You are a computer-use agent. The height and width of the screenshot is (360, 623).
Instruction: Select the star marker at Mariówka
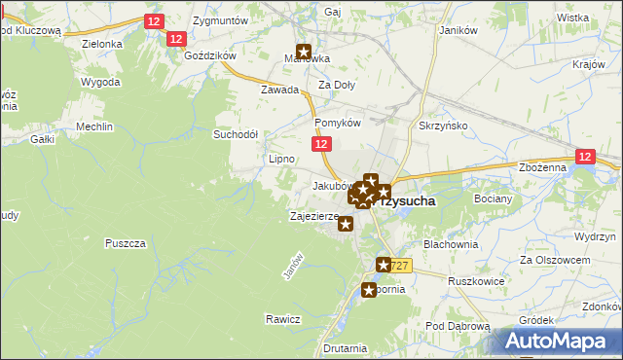(x=304, y=54)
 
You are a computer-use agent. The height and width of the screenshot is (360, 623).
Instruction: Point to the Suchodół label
(x=235, y=134)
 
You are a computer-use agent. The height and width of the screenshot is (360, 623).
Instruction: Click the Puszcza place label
(x=125, y=242)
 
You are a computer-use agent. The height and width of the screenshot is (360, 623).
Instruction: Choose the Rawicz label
(x=281, y=319)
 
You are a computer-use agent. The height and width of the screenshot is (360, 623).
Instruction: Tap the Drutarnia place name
(x=347, y=347)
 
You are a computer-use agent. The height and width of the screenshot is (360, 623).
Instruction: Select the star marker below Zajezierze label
(x=346, y=225)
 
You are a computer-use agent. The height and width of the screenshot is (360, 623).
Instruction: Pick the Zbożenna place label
(x=542, y=167)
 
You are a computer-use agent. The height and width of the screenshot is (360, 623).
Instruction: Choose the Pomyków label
(x=338, y=124)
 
